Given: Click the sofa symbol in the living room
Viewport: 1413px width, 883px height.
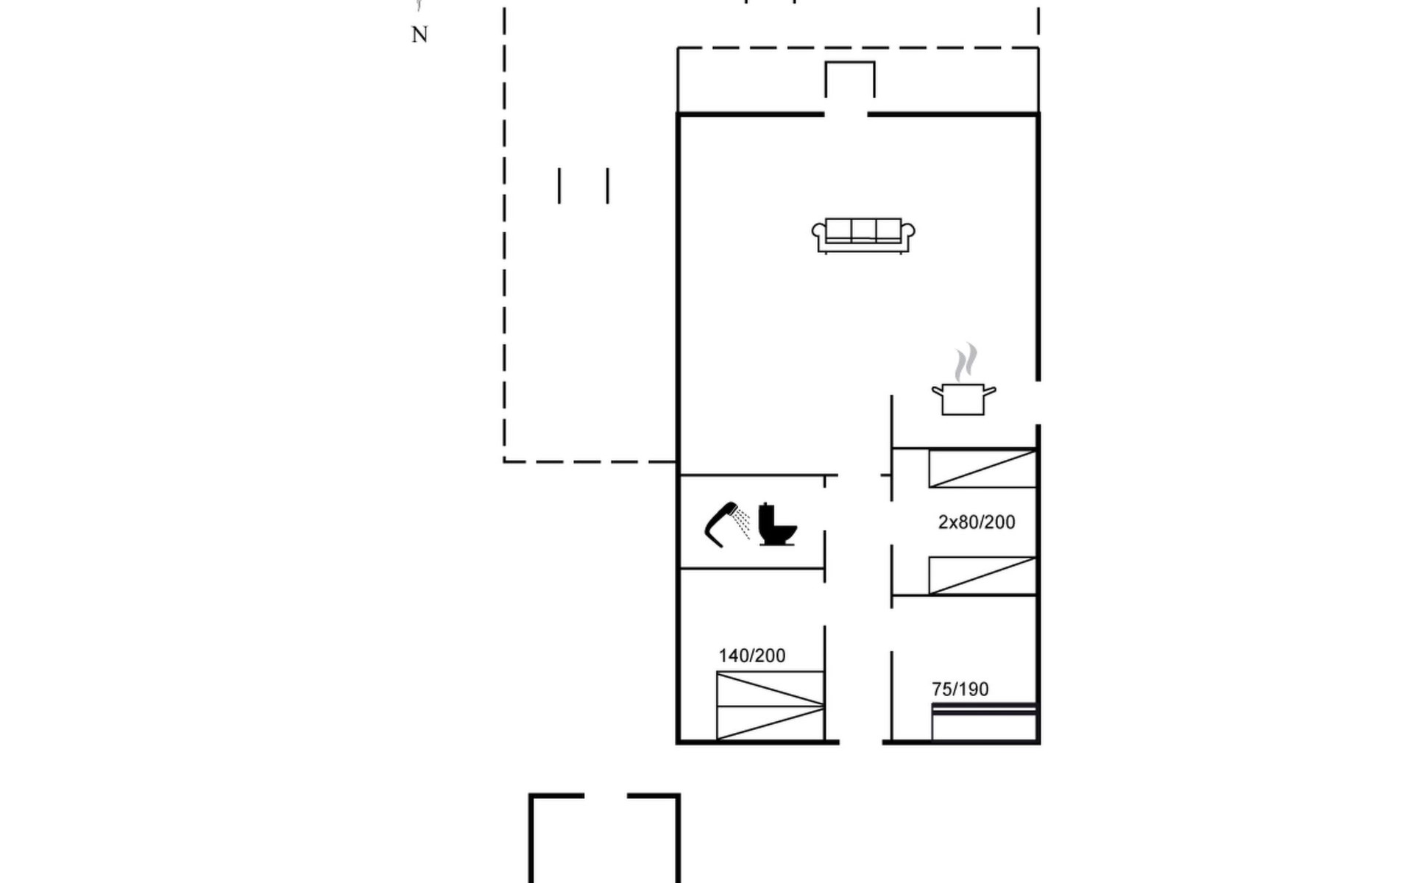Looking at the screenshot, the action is pos(863,235).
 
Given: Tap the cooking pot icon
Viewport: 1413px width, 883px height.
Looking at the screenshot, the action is pos(963,399).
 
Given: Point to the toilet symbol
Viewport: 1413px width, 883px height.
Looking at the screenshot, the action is pos(778,524).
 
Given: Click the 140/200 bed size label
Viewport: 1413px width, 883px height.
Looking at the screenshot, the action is pos(751,656).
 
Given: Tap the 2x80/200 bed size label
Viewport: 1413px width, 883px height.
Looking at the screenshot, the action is pos(977,522).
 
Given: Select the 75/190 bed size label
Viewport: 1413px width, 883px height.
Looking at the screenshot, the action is pos(960,689).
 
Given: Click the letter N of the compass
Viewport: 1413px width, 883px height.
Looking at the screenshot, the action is pos(419,35).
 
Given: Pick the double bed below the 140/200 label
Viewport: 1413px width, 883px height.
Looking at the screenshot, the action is pos(771,706).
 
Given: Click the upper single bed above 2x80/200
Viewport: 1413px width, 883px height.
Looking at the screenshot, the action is pos(982,469).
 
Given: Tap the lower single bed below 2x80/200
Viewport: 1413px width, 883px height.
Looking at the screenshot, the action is pos(982,575).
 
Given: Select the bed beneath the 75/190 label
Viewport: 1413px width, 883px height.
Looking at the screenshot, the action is pos(985,722).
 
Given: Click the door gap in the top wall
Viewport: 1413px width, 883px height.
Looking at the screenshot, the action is pos(846,115).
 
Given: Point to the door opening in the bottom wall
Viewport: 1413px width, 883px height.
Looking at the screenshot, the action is pos(861,742).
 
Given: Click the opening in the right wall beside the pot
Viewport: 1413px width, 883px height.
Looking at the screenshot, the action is pos(1038,403).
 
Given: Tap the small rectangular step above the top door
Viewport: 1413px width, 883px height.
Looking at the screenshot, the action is pos(850,79).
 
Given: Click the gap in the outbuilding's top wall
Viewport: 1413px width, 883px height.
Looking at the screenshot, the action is pos(606,796).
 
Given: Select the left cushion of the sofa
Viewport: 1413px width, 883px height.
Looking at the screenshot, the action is pos(839,230).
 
